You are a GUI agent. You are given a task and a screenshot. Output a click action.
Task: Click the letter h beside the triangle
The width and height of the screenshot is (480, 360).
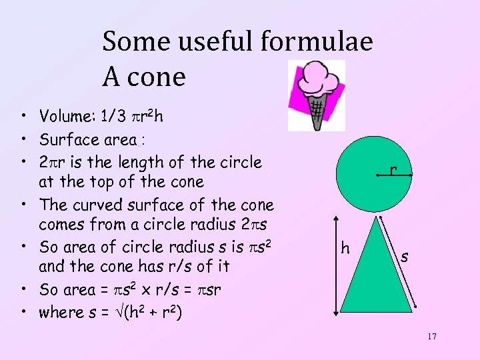pos(345,249)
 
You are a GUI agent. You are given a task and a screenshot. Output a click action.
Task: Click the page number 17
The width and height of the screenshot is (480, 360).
pos(432,337)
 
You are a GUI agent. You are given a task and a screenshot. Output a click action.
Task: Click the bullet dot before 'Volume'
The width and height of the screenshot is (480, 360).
pos(24,118)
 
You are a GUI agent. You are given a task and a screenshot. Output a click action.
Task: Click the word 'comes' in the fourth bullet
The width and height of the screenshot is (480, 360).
pos(63,226)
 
